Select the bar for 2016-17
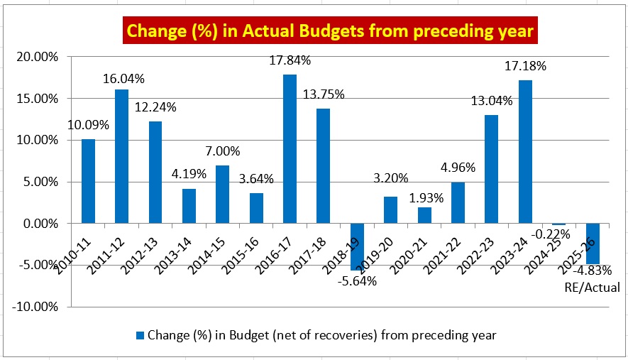(x=290, y=149)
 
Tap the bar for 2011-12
(x=121, y=156)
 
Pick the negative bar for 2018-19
(x=357, y=246)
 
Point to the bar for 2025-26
(x=593, y=243)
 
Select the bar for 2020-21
(x=424, y=215)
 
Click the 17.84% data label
(x=290, y=61)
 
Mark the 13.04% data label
(x=492, y=101)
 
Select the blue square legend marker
(x=139, y=334)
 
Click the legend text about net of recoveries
(x=321, y=334)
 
